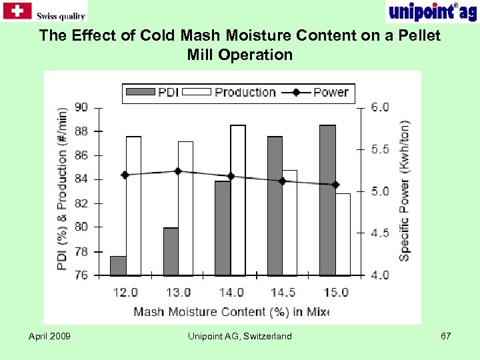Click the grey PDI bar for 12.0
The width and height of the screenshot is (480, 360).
click(x=118, y=265)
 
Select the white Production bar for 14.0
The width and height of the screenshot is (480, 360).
click(x=238, y=200)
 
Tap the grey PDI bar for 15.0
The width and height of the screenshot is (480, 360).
click(x=327, y=200)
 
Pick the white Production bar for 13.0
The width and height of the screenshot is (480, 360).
click(x=185, y=208)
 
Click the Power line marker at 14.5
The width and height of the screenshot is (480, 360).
click(x=283, y=181)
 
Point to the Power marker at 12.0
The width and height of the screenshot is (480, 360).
click(x=125, y=175)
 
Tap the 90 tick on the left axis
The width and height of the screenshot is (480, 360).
click(x=81, y=107)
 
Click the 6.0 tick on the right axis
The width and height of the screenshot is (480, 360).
click(x=380, y=107)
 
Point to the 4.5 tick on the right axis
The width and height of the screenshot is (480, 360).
click(x=380, y=233)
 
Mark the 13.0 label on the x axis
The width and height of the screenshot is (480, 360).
click(x=178, y=292)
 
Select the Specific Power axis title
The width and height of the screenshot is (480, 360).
click(x=405, y=190)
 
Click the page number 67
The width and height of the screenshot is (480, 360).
click(x=446, y=336)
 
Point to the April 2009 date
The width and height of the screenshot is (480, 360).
click(x=49, y=336)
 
